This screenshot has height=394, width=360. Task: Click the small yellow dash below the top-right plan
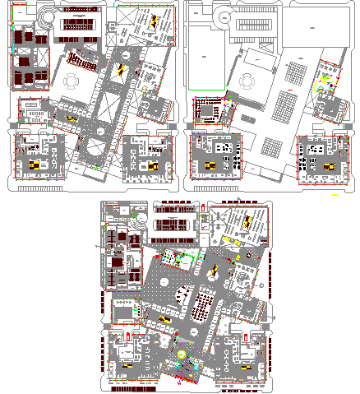click(335, 196)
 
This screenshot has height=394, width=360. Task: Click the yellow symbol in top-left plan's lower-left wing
click(35, 165)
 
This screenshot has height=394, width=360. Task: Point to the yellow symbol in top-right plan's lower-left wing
click(211, 165)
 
